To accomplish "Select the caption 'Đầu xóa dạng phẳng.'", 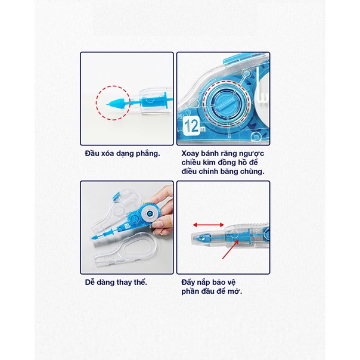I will point(122,154).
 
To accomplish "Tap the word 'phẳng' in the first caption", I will point(146,154).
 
